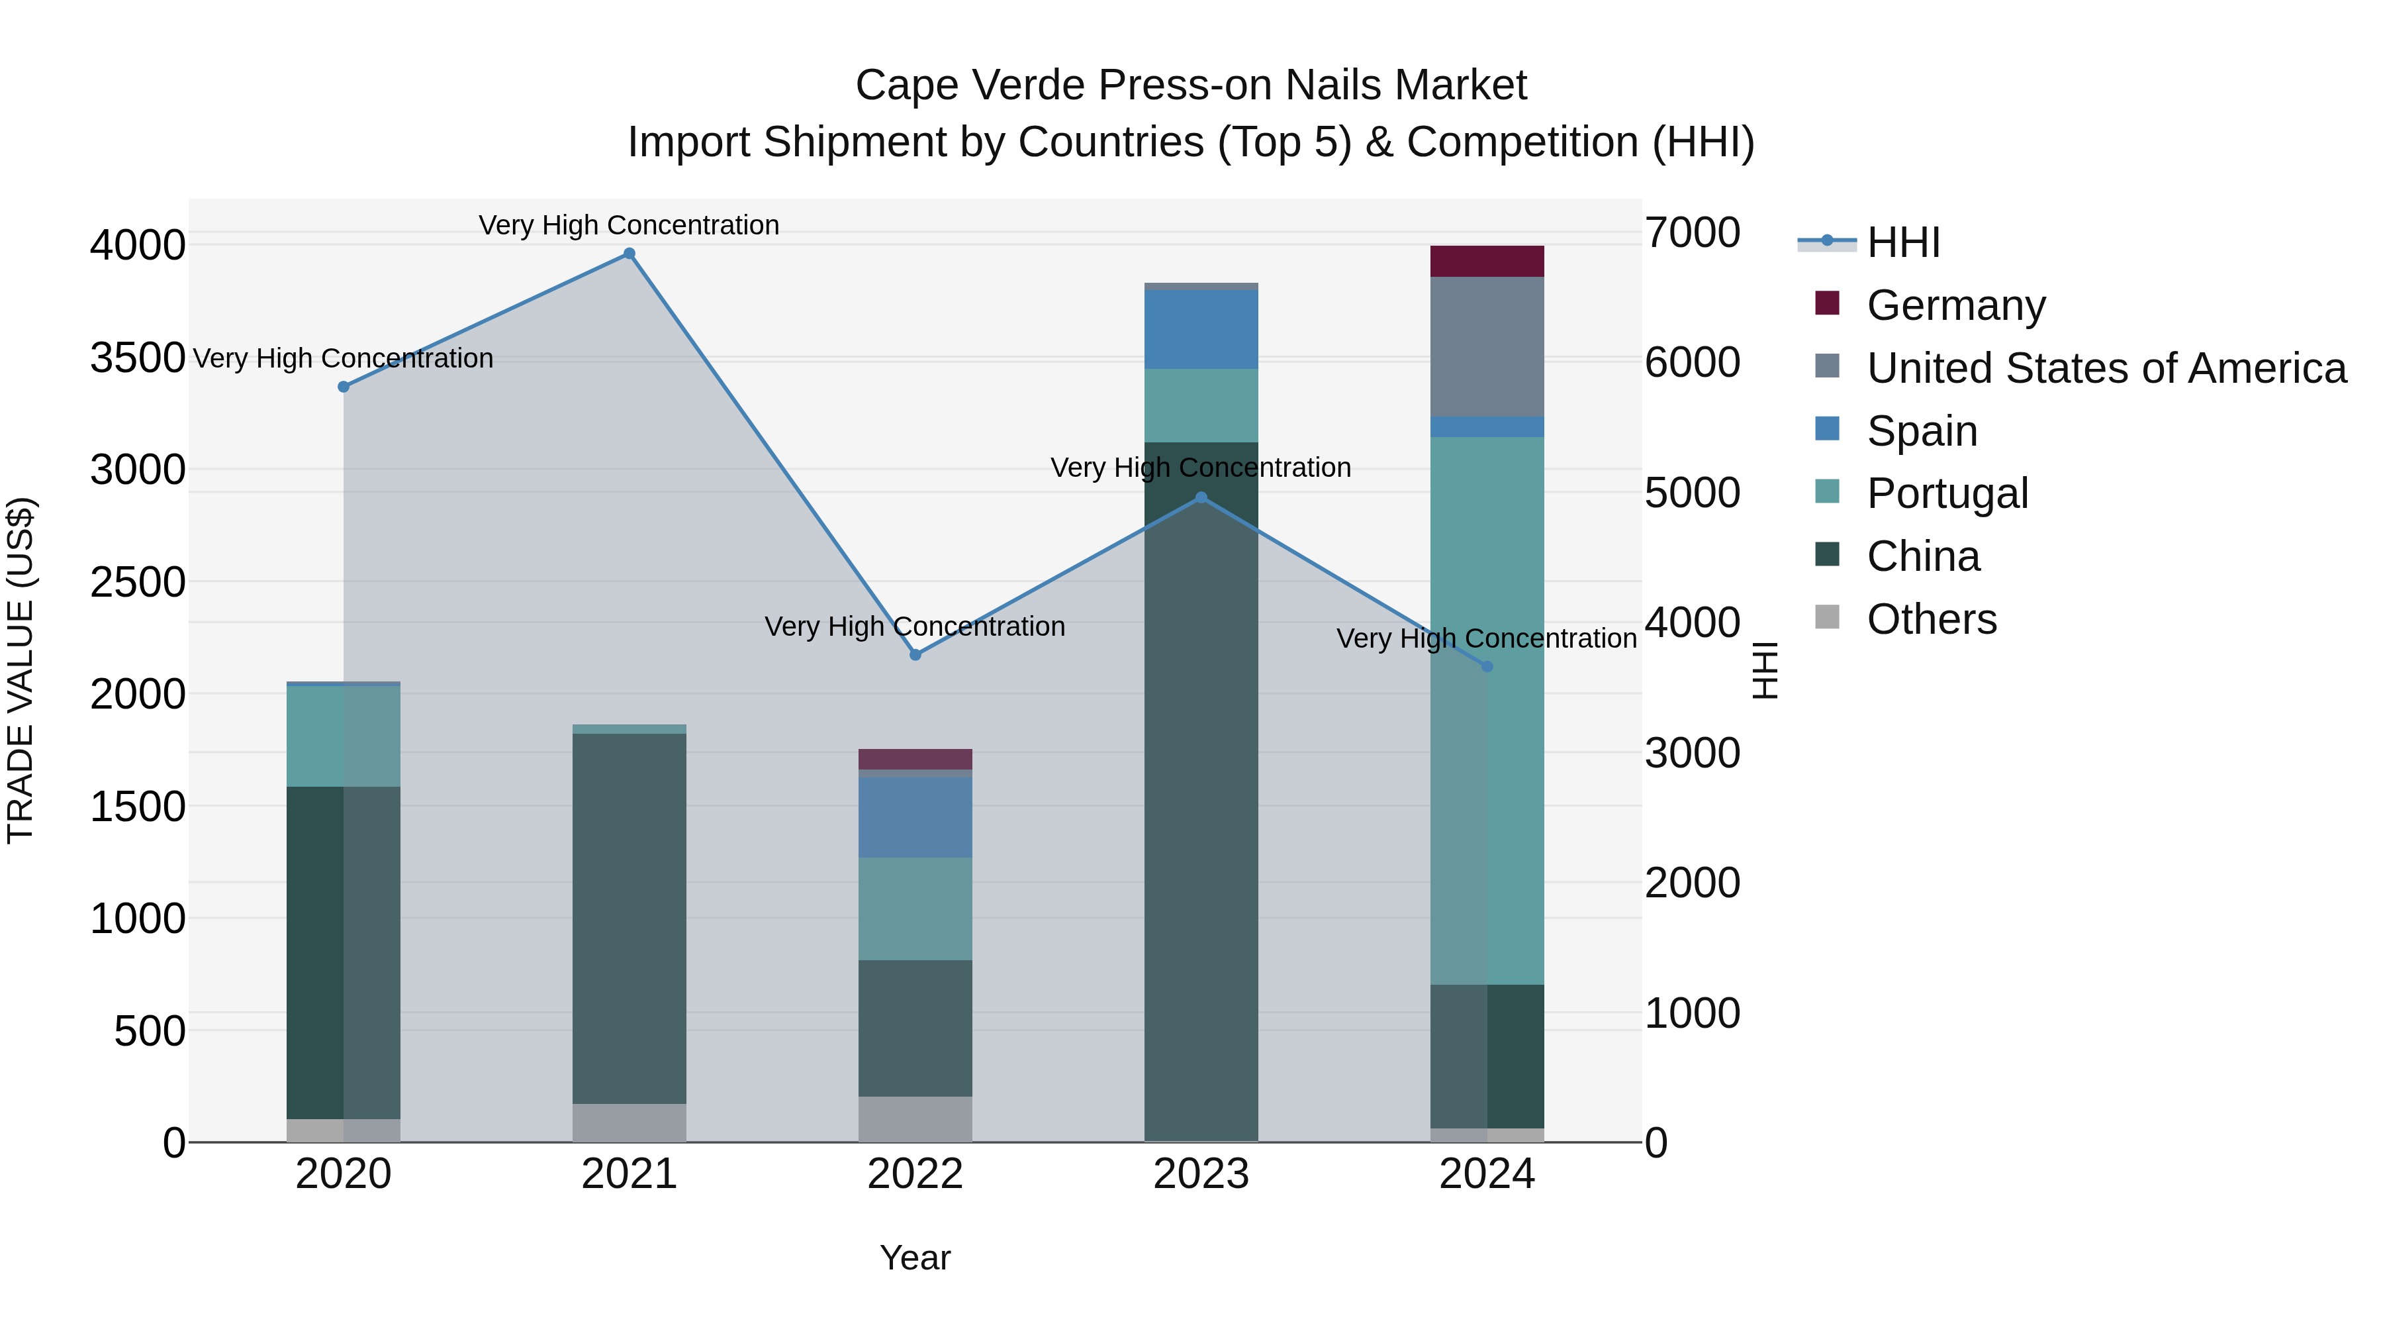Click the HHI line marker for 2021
629,254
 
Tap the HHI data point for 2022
915,654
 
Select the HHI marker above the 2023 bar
1201,497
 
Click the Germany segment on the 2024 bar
1487,261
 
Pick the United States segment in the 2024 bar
1487,346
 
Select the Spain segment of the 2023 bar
1201,328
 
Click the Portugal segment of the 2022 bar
915,908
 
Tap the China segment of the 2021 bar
629,917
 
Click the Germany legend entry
1955,305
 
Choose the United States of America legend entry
2106,368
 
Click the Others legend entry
1931,619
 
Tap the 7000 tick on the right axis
1692,232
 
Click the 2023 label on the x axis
1201,1174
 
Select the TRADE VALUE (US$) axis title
21,670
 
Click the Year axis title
915,1258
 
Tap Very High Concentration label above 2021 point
629,225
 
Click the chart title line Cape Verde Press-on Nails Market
1191,85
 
